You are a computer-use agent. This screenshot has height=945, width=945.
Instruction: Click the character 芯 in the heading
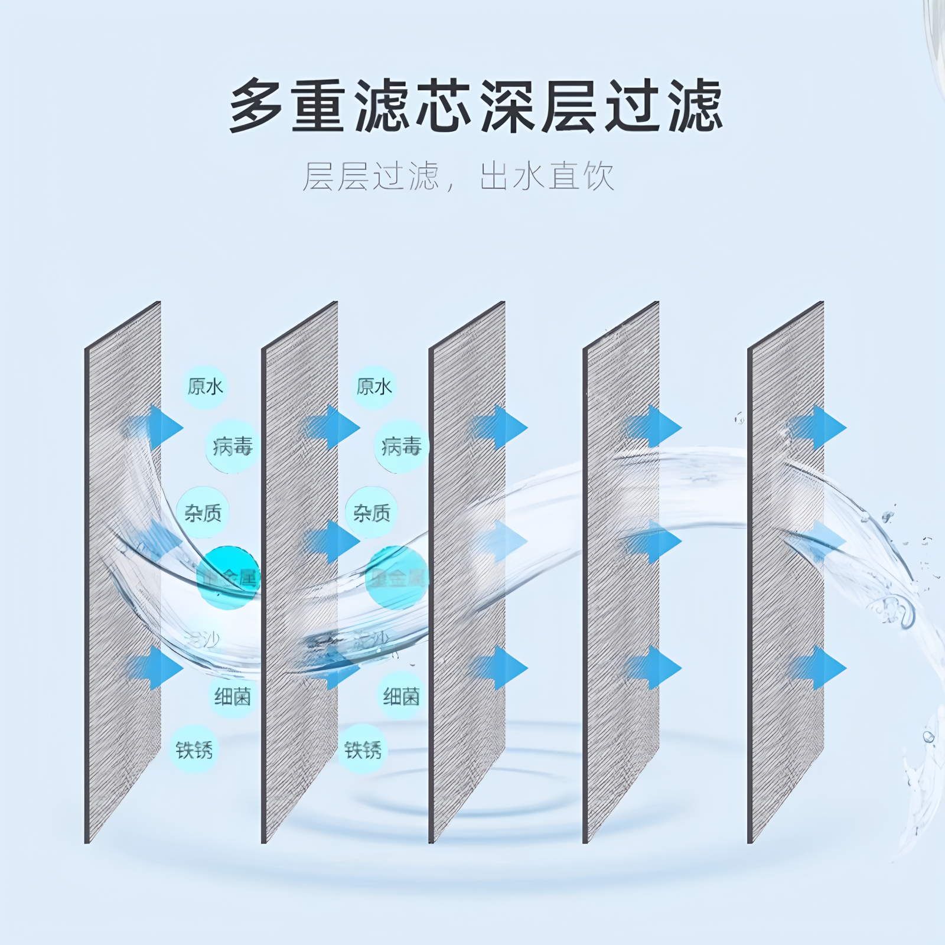[443, 106]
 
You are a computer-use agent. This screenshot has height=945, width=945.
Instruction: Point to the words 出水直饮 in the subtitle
[547, 176]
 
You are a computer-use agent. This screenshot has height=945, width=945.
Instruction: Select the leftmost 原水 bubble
[204, 387]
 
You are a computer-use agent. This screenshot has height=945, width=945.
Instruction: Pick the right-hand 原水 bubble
[373, 387]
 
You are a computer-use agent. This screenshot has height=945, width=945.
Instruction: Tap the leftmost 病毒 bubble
[232, 447]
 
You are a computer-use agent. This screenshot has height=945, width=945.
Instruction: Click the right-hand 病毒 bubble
[401, 447]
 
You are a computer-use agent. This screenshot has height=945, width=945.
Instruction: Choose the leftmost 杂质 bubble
[203, 513]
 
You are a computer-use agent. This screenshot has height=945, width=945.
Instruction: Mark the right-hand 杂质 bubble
[372, 513]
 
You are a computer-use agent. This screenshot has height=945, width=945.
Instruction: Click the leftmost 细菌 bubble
[232, 697]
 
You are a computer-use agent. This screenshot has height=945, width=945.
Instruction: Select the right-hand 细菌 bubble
[401, 697]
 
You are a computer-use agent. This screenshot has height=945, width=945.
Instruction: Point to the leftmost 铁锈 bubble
[194, 750]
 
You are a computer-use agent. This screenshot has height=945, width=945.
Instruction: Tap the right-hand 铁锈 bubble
[363, 750]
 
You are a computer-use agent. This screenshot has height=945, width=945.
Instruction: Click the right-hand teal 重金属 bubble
[396, 577]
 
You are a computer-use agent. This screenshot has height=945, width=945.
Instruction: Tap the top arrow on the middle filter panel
[498, 427]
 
